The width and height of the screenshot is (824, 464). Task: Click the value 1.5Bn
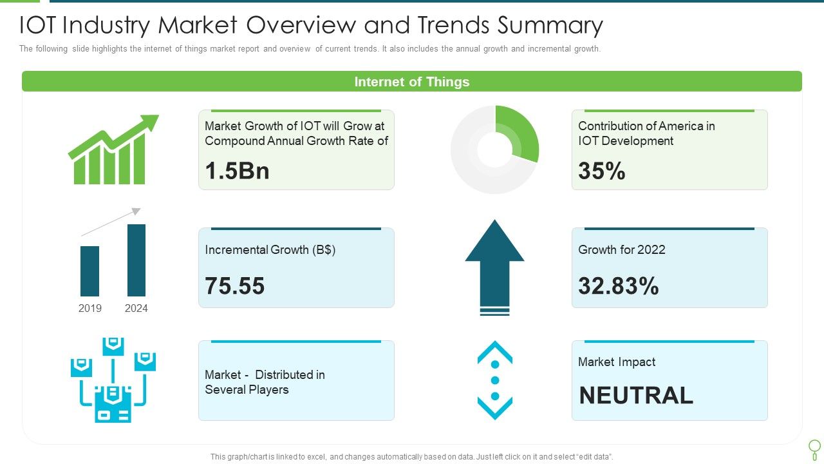(237, 171)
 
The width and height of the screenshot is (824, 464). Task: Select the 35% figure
(601, 171)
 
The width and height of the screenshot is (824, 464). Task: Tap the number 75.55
(235, 285)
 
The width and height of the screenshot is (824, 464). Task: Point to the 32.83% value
(618, 285)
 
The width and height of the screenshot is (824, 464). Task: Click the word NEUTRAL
(636, 395)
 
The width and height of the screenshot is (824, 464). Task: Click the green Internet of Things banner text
(412, 82)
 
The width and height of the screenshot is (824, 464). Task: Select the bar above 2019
(90, 271)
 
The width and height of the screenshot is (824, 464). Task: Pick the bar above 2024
(136, 260)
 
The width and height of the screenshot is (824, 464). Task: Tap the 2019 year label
(90, 308)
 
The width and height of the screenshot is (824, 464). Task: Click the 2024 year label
(136, 308)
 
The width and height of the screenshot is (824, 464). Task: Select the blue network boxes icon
(113, 380)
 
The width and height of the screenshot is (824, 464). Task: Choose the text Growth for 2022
(621, 249)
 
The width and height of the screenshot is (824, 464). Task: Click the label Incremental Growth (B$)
(270, 249)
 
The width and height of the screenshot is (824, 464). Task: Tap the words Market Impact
(616, 362)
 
